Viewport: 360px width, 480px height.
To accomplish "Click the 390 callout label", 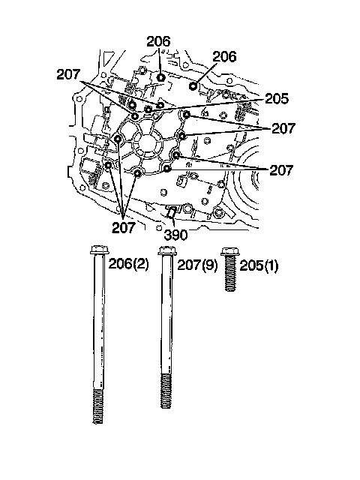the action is [x=175, y=235].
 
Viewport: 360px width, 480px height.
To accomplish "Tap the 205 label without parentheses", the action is [x=277, y=98].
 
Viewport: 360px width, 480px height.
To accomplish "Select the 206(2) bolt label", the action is [x=128, y=263].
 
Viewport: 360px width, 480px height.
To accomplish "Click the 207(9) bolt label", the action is [x=197, y=265].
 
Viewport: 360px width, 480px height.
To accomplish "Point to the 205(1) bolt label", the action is [x=259, y=265].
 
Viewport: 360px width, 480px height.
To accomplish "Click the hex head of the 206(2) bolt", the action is [x=100, y=250].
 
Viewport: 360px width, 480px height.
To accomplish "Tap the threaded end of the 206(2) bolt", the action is [x=98, y=406].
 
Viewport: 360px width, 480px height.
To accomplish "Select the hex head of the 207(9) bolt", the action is [x=166, y=250].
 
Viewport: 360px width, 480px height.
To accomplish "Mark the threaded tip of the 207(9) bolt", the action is [x=166, y=391].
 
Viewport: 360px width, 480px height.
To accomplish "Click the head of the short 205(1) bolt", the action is [x=230, y=251].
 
